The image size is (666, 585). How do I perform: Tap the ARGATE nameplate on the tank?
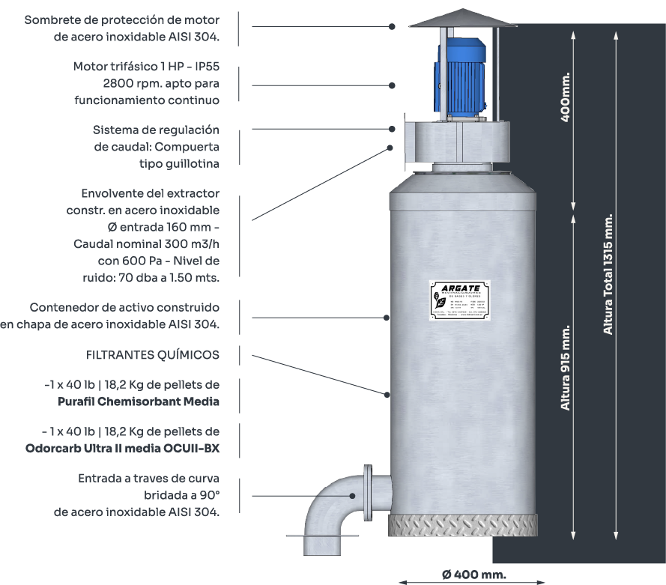459,301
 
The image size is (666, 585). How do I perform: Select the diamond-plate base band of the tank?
462,524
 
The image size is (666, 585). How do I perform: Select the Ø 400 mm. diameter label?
473,575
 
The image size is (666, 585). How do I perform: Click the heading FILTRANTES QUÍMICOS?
153,354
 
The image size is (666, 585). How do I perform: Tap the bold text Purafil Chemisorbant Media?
139,401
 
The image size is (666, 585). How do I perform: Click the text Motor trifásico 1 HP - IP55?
146,67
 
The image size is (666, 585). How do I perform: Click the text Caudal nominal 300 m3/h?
146,244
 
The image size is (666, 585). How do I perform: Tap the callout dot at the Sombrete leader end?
392,26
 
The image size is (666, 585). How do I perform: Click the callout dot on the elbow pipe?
352,495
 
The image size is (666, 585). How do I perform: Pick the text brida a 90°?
181,495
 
